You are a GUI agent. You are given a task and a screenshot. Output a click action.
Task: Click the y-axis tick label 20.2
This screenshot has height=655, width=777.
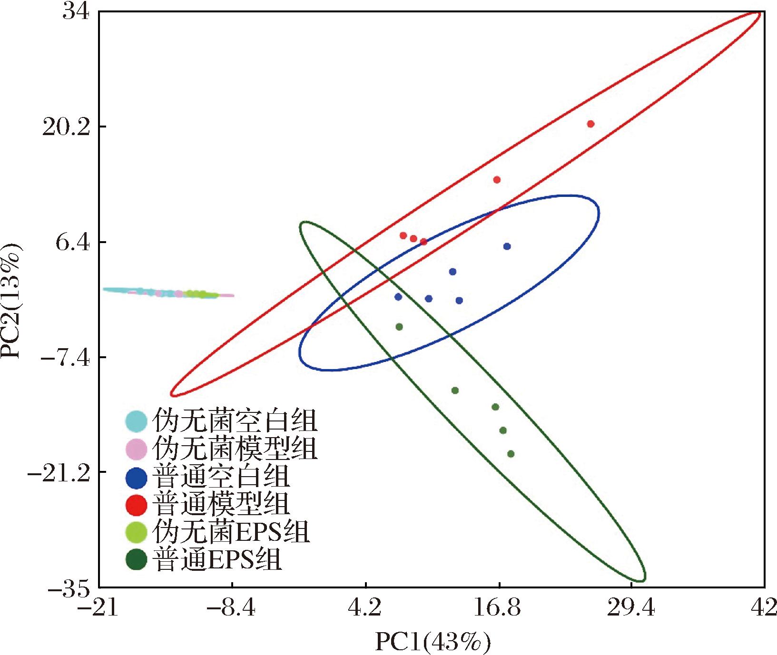coord(67,127)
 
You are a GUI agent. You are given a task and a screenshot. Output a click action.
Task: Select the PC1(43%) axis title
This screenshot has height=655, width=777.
coord(432,642)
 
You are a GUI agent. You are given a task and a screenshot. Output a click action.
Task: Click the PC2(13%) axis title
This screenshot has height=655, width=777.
coord(12,301)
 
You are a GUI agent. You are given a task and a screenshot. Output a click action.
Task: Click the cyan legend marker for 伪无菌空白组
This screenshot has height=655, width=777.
coord(136,420)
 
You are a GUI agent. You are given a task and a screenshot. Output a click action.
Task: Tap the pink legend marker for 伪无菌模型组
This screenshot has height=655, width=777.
coord(136,448)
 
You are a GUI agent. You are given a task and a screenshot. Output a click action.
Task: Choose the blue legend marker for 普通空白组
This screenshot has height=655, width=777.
coord(136,477)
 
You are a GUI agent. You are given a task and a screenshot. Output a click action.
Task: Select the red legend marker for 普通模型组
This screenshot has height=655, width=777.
coord(136,505)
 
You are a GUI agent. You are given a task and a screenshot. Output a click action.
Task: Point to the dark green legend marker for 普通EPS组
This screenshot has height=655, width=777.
coord(136,559)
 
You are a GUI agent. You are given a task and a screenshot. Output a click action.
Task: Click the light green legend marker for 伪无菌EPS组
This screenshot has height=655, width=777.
coord(136,532)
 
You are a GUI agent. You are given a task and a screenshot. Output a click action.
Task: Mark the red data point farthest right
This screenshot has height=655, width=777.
coord(590,124)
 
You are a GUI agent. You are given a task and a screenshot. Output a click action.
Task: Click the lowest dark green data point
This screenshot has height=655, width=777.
coord(511,454)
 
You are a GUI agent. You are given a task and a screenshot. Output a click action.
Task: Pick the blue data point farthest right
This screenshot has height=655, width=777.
coord(507,246)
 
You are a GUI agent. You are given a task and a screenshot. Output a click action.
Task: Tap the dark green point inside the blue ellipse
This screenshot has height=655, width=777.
coord(399,327)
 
